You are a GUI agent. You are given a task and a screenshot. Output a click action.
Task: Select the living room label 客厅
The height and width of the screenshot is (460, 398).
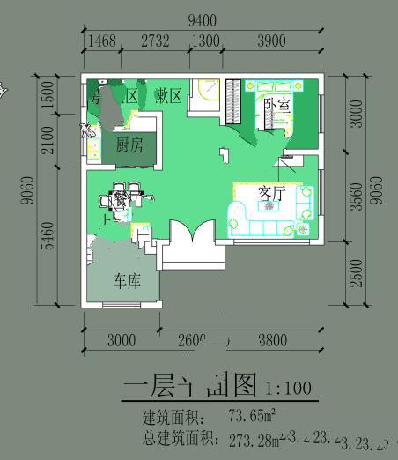point(272,193)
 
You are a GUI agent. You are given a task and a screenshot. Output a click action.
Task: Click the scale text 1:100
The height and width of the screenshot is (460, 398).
point(287,387)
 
